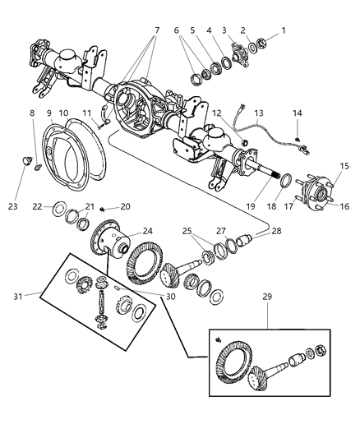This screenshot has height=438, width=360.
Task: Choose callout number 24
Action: [x=148, y=231]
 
